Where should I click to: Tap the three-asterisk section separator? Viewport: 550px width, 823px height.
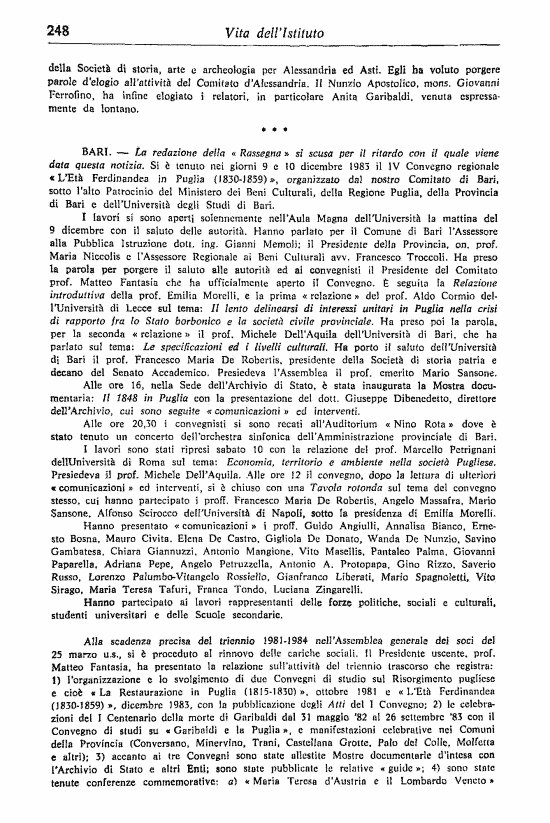(x=274, y=129)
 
